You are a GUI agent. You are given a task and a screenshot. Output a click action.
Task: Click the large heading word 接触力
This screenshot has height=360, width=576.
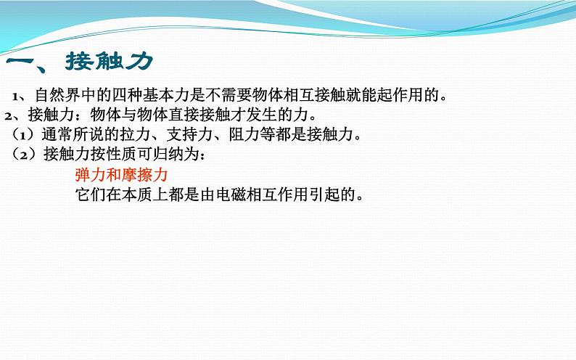109,61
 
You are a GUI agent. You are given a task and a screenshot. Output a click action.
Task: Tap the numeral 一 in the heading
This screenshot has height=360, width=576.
21,61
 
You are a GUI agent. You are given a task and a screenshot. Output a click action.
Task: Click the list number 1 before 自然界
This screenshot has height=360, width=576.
15,97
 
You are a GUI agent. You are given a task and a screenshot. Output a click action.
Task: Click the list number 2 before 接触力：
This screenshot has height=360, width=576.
9,116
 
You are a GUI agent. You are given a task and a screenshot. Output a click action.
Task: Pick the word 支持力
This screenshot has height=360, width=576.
189,134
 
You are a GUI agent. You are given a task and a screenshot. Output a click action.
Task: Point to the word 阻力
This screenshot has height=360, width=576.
244,134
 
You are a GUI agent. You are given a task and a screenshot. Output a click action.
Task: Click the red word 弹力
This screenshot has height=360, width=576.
91,174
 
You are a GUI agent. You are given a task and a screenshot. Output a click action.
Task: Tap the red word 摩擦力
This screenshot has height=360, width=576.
144,174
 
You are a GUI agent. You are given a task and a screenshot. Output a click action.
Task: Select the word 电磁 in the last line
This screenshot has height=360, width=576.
231,195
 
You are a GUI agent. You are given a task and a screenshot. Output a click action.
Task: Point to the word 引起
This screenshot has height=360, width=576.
325,195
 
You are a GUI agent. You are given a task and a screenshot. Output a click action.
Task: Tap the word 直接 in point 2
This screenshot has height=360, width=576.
184,115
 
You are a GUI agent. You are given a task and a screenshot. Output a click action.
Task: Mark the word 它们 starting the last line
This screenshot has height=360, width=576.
91,195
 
